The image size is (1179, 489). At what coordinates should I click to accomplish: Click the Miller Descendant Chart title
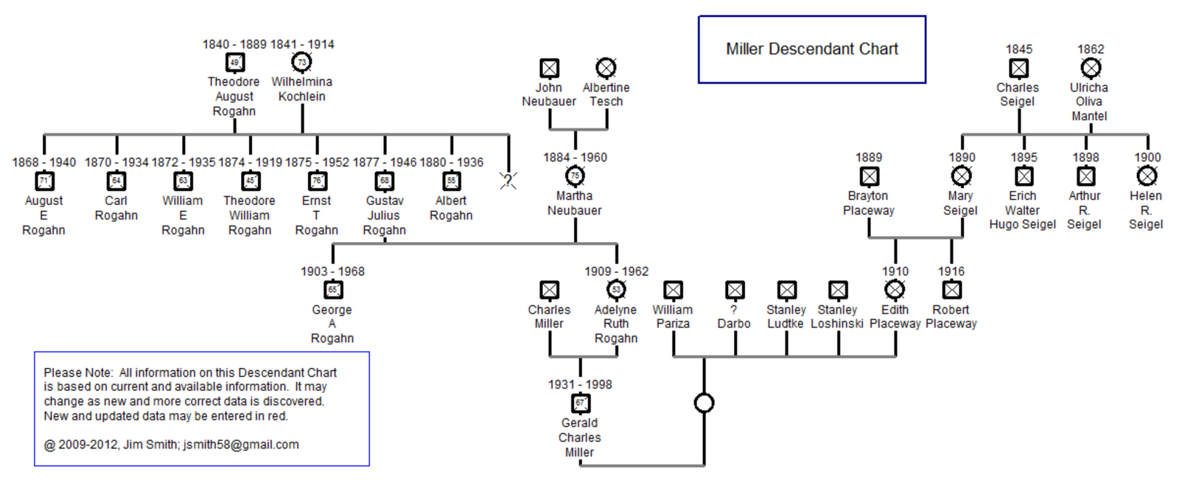(811, 49)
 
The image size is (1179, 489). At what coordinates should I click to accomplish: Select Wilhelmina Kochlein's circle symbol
(301, 63)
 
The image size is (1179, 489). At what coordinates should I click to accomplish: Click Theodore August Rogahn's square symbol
(234, 63)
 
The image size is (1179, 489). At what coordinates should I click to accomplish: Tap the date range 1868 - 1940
(43, 162)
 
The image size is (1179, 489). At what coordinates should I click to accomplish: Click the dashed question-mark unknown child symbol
(508, 180)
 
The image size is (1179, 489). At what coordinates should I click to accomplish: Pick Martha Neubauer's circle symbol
(575, 176)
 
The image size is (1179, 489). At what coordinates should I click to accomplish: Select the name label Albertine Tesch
(606, 94)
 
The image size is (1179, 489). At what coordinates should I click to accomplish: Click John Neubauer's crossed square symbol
(549, 69)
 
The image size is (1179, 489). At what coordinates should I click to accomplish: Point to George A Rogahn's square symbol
(333, 290)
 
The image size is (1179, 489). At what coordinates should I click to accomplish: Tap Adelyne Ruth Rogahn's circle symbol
(616, 290)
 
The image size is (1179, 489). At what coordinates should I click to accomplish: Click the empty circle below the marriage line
(704, 403)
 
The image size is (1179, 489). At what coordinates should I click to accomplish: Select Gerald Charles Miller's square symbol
(581, 403)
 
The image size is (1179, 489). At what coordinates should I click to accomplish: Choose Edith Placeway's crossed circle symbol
(895, 290)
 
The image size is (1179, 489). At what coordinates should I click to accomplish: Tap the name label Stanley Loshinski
(837, 316)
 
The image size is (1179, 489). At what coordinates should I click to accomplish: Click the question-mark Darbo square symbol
(735, 290)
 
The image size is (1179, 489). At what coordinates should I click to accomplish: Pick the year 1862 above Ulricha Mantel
(1091, 49)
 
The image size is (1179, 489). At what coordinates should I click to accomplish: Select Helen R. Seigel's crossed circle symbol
(1147, 176)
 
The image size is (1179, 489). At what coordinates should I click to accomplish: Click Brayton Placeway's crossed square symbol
(870, 176)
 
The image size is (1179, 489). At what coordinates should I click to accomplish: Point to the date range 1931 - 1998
(580, 384)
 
